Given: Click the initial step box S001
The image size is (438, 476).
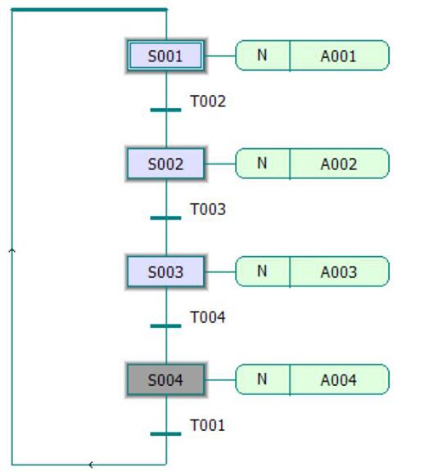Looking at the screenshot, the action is tap(165, 56).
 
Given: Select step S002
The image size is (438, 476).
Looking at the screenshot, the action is tap(165, 164).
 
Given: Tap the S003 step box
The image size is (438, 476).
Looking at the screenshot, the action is tap(165, 272).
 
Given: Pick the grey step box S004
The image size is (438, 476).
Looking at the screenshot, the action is tap(165, 379).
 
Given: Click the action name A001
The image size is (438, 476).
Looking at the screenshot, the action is tap(338, 56).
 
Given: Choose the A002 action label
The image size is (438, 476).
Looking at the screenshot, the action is tap(339, 164).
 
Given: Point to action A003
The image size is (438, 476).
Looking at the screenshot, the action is tap(339, 272).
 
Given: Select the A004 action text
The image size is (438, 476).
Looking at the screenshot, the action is tap(339, 380).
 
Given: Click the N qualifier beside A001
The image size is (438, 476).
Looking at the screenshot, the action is tap(262, 56).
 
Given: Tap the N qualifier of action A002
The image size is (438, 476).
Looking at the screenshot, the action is tap(262, 163).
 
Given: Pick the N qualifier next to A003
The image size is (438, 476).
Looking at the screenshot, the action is tap(262, 271).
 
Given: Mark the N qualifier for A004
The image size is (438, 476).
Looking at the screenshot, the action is tap(262, 379).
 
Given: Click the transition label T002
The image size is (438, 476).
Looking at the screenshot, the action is tap(208, 101).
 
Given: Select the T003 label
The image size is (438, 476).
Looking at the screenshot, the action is tap(208, 209).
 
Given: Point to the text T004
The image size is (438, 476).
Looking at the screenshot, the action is tap(208, 317).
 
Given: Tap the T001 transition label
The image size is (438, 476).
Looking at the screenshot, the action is tap(207, 425).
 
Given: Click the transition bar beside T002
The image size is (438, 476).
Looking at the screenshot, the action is tap(165, 110).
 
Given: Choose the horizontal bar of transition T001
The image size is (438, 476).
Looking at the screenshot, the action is tap(165, 433).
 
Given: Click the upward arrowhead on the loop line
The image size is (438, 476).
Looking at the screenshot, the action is tap(12, 250).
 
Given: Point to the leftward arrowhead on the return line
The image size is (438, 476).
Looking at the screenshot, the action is tap(91, 465).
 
